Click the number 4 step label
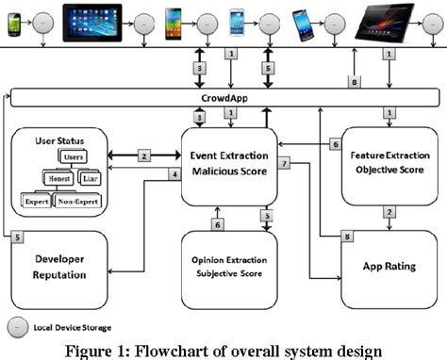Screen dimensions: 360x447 tap(174, 173)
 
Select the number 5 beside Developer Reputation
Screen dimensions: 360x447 tap(16, 237)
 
